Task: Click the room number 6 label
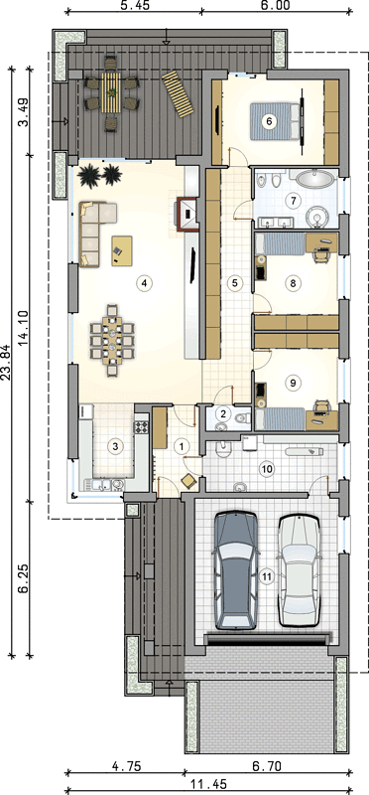(x=269, y=121)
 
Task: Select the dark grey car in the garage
(x=236, y=570)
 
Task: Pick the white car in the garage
(x=300, y=571)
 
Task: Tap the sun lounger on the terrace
(x=178, y=93)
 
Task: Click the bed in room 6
(x=276, y=121)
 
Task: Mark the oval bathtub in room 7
(x=314, y=179)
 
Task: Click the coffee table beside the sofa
(x=121, y=250)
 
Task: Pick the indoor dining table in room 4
(x=112, y=340)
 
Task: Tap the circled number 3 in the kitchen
(x=116, y=446)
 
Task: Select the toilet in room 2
(x=241, y=418)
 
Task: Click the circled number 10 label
(x=266, y=469)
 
